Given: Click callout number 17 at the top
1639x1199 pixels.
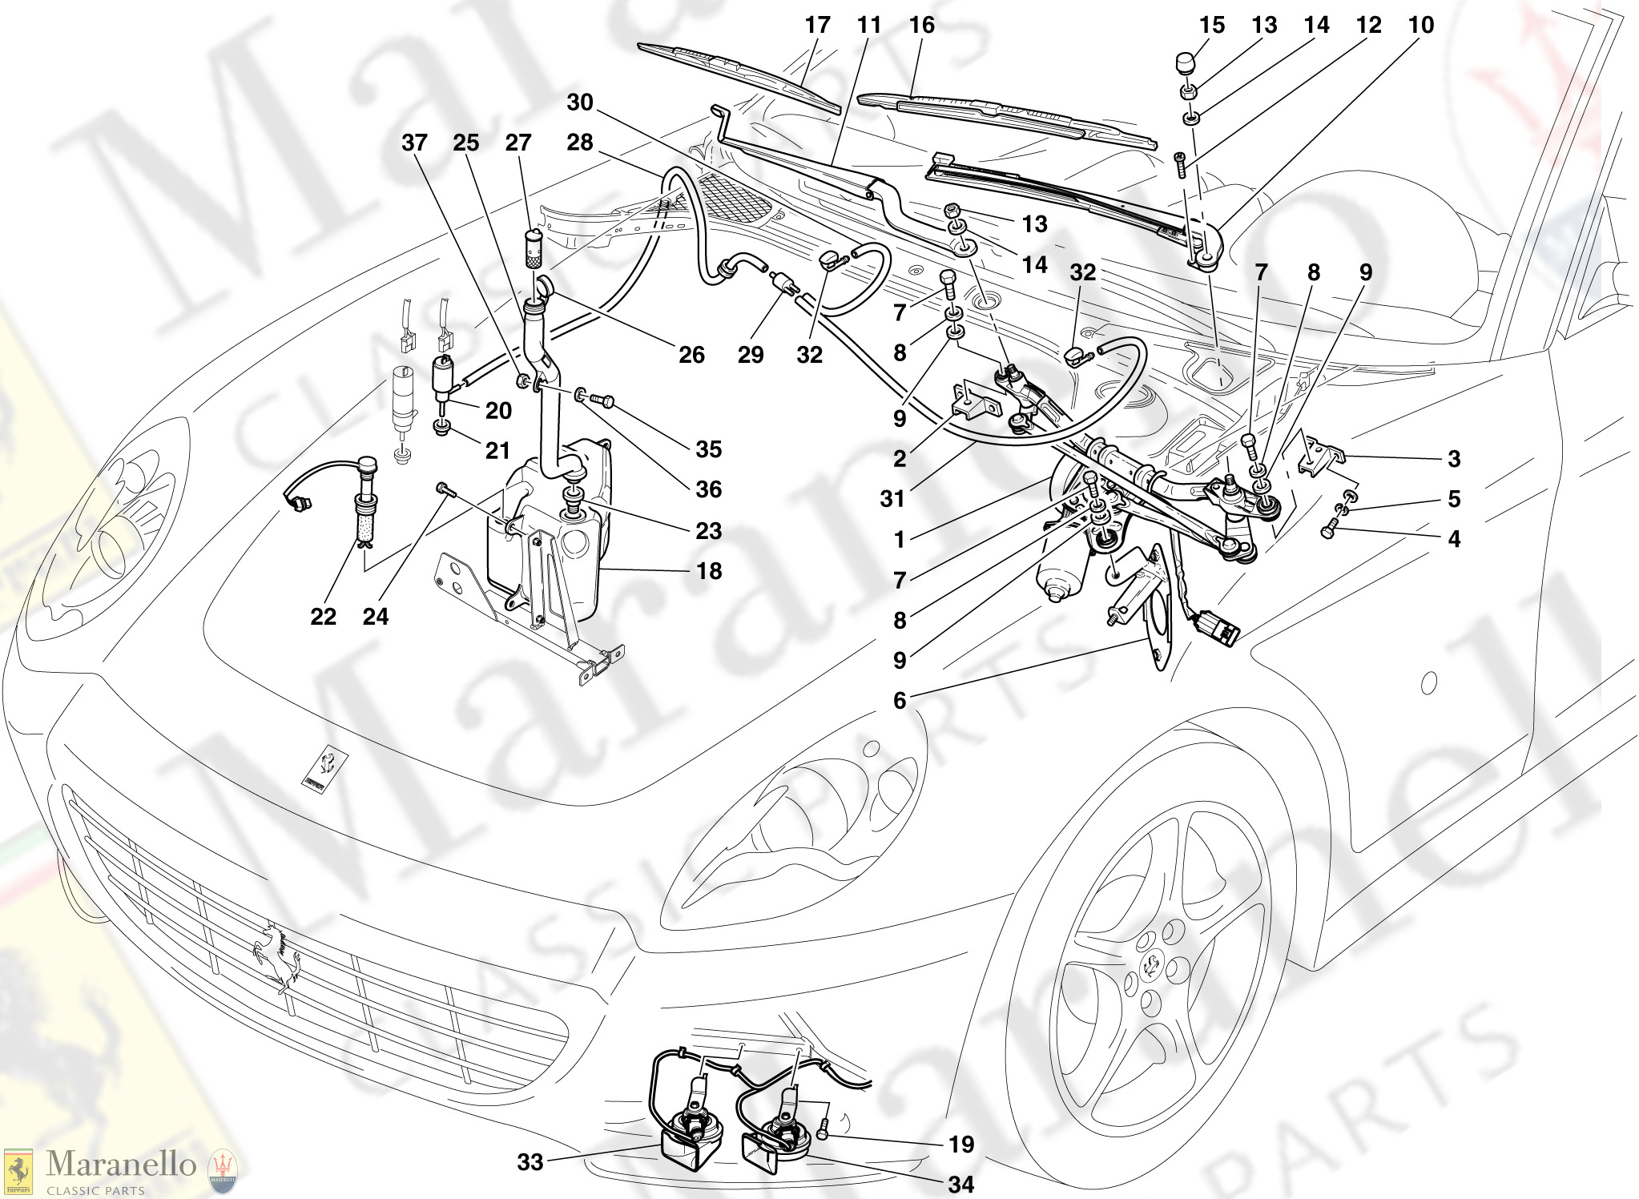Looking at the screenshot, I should coord(817,26).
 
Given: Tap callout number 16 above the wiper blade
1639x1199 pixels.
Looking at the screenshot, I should coord(921,26).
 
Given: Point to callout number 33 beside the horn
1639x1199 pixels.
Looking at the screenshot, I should coord(530,1162).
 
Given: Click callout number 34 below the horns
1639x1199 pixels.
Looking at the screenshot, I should coord(960,1184).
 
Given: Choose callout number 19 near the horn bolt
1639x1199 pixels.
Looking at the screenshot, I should coord(960,1145).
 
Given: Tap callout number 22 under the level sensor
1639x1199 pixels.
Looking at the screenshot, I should coord(323,617).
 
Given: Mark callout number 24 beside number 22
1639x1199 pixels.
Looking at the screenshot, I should coord(375,617).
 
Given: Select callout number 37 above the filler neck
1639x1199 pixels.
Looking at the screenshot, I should coord(414,143).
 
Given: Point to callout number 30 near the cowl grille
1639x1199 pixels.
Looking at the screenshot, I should coord(580,103).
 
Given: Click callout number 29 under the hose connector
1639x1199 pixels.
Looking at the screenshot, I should coord(751,355).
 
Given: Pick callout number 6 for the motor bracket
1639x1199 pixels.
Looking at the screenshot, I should coord(900,701).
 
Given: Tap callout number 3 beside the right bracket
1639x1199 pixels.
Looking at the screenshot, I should coord(1454,459).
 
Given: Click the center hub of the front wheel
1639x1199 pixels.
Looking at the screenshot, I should coord(1151,964).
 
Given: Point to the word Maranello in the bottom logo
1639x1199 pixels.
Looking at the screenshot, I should coord(120,1164).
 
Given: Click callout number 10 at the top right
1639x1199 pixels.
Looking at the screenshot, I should coord(1421,26).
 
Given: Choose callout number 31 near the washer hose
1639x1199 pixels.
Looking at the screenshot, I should coord(892,499).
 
